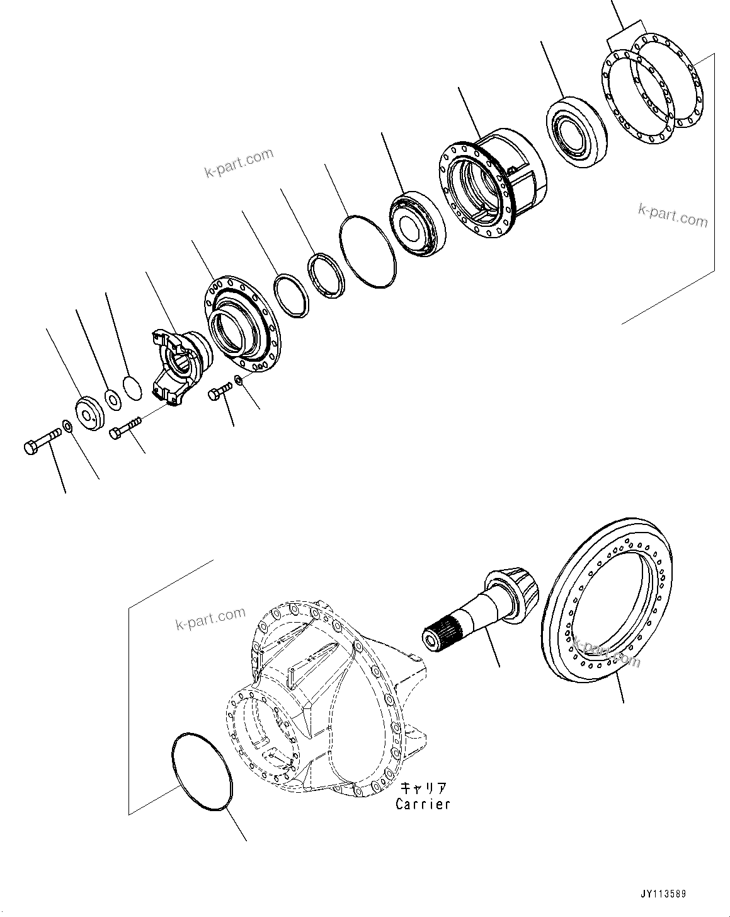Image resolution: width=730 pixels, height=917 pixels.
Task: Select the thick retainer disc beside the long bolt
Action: point(90,413)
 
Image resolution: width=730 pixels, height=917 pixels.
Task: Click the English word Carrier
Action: point(423,804)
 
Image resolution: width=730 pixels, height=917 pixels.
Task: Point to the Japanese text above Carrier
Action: point(423,788)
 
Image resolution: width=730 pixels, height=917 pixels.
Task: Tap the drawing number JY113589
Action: point(664,894)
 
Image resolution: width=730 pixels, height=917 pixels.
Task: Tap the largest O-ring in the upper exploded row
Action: point(368,251)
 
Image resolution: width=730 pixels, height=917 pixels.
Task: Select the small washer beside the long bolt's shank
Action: point(68,426)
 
